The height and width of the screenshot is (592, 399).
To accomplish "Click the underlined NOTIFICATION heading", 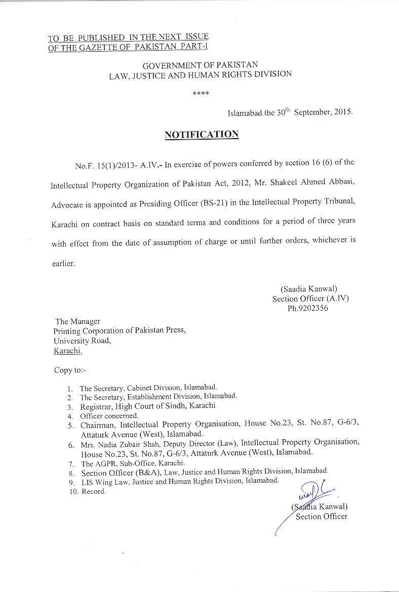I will [x=202, y=135].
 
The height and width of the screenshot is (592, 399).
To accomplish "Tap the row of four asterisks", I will [x=201, y=94].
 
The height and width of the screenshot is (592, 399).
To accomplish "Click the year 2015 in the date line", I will [x=343, y=113].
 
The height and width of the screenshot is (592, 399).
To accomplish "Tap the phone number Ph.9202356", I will [x=308, y=308].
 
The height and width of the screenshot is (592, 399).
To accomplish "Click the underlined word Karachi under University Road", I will [x=67, y=351].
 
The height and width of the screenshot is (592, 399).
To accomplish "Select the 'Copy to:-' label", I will [x=70, y=370].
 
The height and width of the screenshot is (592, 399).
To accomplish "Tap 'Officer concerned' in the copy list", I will [x=109, y=415].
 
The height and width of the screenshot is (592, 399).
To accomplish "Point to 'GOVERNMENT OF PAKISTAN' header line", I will [x=200, y=65].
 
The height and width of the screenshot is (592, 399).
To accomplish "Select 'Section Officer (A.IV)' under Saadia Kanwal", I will [x=310, y=299].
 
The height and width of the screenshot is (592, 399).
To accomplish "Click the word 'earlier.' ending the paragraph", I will [x=63, y=264].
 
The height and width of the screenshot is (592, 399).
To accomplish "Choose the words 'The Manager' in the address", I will [x=78, y=321].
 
